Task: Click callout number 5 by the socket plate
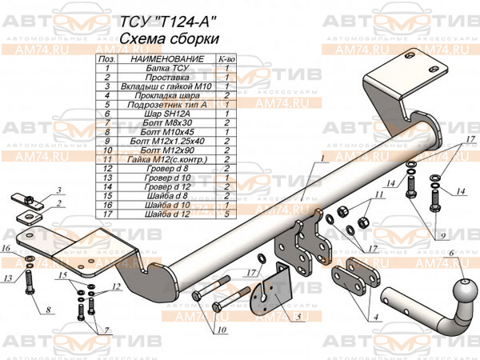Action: [297, 318]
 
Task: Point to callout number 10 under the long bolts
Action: [219, 330]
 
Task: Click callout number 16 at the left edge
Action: [6, 250]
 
